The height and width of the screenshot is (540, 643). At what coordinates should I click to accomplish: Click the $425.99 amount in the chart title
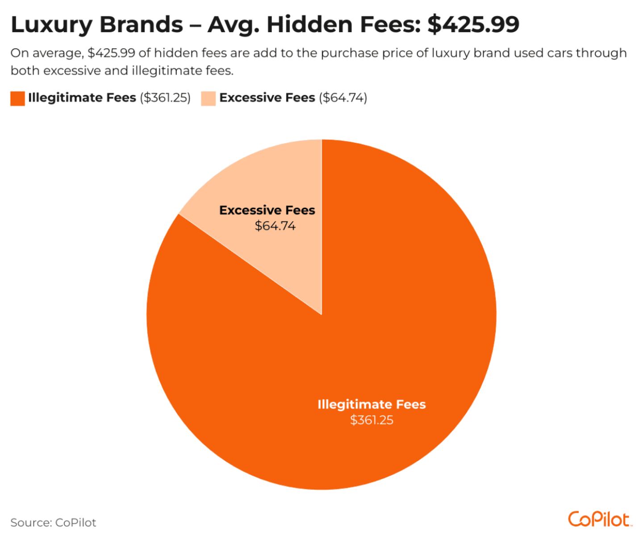click(x=473, y=24)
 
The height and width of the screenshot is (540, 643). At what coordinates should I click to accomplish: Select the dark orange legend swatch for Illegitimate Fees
click(x=17, y=98)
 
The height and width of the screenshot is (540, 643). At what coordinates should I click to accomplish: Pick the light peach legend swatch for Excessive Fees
click(x=208, y=98)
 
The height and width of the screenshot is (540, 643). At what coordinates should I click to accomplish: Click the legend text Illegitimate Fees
click(x=82, y=97)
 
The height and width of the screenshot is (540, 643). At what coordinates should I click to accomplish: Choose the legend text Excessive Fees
click(x=267, y=97)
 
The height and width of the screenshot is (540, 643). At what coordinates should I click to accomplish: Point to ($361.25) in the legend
click(x=165, y=97)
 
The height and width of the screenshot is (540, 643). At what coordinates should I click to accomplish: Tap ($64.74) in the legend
click(x=343, y=97)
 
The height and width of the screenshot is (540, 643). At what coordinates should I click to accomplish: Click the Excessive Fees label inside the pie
click(x=267, y=210)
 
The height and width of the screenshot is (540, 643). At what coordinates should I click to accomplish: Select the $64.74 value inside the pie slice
click(x=275, y=226)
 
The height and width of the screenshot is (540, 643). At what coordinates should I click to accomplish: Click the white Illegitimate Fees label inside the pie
click(x=372, y=405)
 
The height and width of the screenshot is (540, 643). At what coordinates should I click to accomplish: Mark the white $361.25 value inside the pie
click(x=372, y=420)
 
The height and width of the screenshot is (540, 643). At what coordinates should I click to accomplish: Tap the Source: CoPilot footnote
click(x=53, y=523)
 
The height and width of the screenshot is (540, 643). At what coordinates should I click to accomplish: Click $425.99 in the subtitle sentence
click(x=112, y=53)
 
